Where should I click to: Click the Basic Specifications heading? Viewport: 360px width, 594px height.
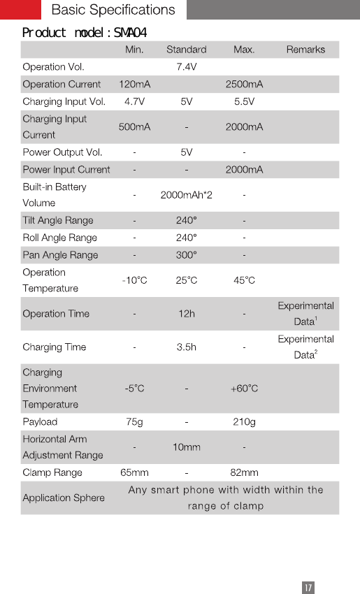113,10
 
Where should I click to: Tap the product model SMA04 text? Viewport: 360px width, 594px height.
85,33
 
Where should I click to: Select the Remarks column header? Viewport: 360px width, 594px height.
305,50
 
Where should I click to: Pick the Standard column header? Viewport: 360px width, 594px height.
186,50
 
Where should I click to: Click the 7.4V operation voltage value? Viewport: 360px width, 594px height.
186,67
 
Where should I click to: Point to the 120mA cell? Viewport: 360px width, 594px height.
134,85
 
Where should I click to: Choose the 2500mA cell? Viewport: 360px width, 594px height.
244,85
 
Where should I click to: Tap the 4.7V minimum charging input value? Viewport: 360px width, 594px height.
134,101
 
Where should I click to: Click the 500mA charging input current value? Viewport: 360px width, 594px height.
134,126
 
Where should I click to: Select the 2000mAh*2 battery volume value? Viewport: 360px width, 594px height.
186,195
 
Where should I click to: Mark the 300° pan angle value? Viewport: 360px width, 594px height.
186,255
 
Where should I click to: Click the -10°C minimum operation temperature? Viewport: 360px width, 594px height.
134,280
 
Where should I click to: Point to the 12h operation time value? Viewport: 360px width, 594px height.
186,314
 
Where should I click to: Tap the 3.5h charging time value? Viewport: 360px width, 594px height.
186,347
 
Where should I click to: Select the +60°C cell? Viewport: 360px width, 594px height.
244,389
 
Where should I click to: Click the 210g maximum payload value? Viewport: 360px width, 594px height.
244,422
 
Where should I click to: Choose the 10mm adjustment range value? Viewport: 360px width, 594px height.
186,447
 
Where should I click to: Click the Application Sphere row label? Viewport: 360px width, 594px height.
64,498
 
